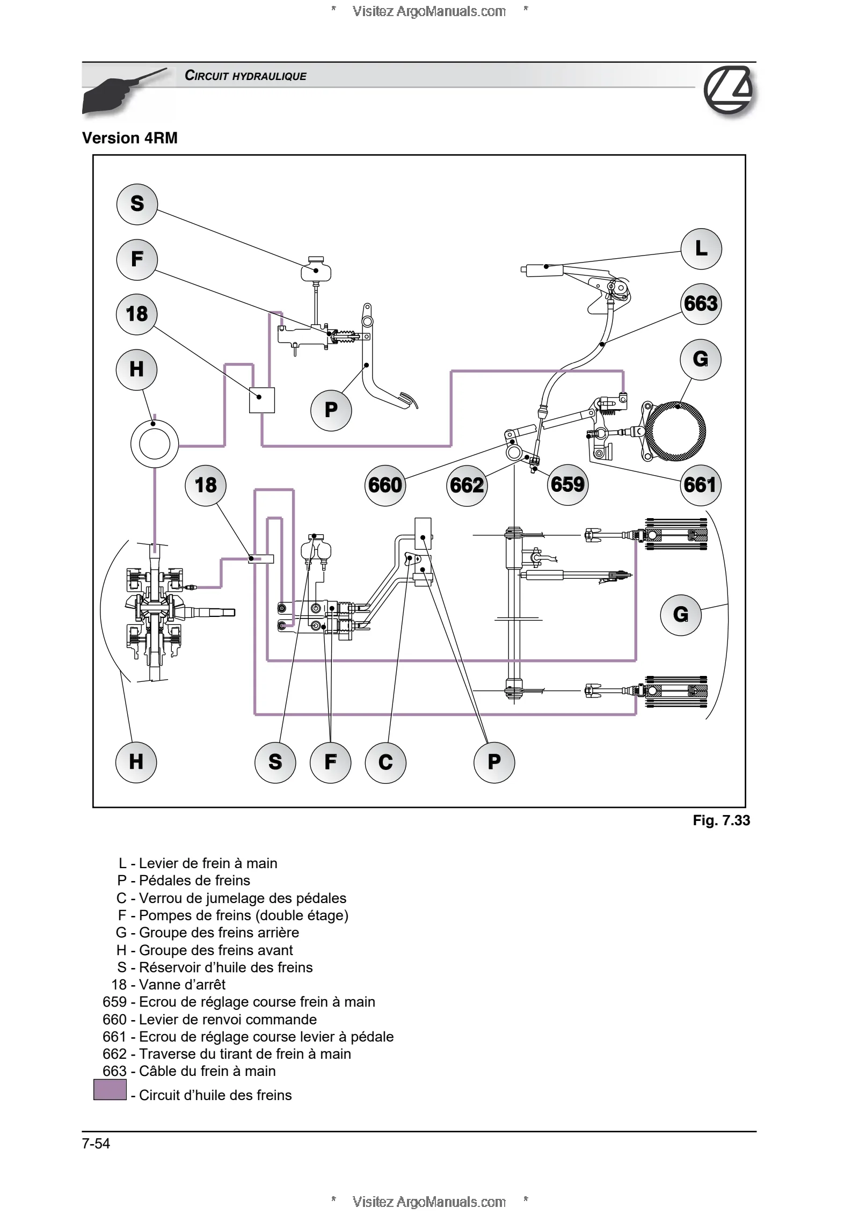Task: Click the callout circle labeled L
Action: click(x=701, y=249)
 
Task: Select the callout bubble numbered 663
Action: click(x=701, y=304)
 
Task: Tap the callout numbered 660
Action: click(x=385, y=485)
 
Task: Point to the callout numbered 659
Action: click(x=567, y=485)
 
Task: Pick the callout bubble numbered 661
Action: click(x=700, y=485)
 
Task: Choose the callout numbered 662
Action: click(x=467, y=486)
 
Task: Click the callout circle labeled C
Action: click(x=385, y=762)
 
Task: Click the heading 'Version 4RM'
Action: click(x=130, y=138)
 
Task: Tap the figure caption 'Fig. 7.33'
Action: click(x=721, y=820)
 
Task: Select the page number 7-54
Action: click(x=96, y=1144)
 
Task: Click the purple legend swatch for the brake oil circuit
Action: click(x=110, y=1090)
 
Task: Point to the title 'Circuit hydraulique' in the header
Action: click(x=245, y=76)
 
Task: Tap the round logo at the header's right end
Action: click(x=729, y=90)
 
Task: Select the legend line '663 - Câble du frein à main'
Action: click(x=189, y=1071)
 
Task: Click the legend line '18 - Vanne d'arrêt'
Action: click(x=168, y=985)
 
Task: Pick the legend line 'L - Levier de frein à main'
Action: click(x=198, y=863)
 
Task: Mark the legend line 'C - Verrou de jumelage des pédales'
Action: click(x=231, y=898)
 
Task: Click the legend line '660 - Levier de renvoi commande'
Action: click(x=209, y=1020)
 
